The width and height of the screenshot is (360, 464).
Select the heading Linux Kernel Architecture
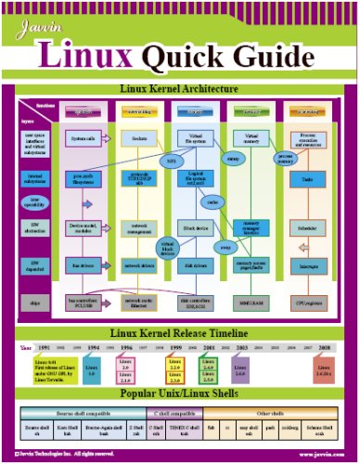[x=178, y=89]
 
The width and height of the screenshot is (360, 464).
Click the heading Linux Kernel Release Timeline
[x=179, y=332]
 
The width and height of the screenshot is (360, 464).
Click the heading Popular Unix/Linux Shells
[x=179, y=393]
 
